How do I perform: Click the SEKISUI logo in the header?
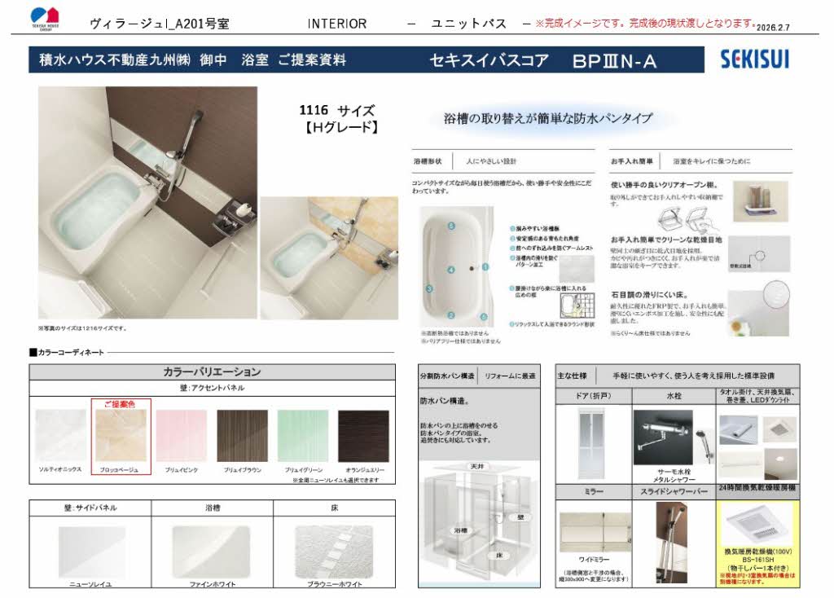pyautogui.click(x=754, y=59)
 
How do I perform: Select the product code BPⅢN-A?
pyautogui.click(x=614, y=60)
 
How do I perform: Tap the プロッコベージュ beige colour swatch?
pyautogui.click(x=121, y=435)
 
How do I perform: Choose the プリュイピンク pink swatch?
pyautogui.click(x=181, y=435)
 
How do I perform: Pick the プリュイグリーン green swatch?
pyautogui.click(x=301, y=435)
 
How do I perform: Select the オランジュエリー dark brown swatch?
pyautogui.click(x=363, y=435)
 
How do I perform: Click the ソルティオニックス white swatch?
pyautogui.click(x=60, y=435)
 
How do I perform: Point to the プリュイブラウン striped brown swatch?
pyautogui.click(x=242, y=435)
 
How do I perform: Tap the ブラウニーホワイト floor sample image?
pyautogui.click(x=333, y=550)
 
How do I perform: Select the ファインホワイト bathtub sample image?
pyautogui.click(x=211, y=550)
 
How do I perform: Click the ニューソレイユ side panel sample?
pyautogui.click(x=90, y=550)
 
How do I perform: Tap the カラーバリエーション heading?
pyautogui.click(x=212, y=372)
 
